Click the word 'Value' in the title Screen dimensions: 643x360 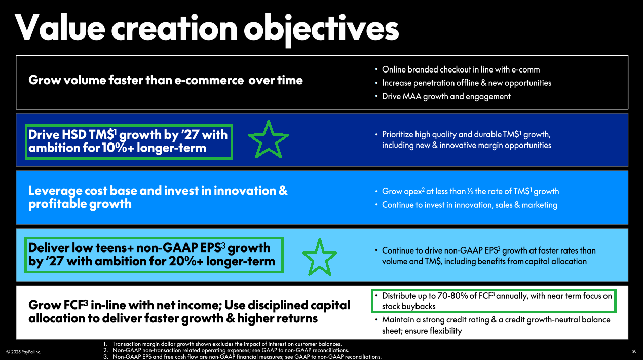click(x=60, y=27)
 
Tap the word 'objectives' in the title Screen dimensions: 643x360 click(x=321, y=29)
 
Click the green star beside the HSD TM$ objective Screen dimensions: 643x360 click(x=269, y=139)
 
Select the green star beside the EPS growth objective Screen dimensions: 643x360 click(x=320, y=257)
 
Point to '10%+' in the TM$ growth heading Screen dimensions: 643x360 click(x=118, y=148)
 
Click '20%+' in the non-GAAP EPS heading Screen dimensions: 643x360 click(x=186, y=261)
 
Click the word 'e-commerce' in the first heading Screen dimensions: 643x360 click(x=209, y=80)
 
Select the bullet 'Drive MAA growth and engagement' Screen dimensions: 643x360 click(x=446, y=96)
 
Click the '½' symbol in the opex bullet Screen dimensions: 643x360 click(x=470, y=191)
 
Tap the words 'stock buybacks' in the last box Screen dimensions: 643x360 click(x=408, y=307)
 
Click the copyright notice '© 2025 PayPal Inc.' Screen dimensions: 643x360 click(x=23, y=352)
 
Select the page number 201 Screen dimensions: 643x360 click(x=635, y=351)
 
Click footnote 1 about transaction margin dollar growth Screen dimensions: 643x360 click(x=222, y=344)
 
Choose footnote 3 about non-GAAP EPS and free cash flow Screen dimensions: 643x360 click(x=242, y=357)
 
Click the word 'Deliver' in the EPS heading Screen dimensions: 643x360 click(x=49, y=247)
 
